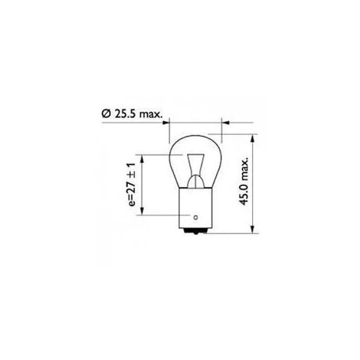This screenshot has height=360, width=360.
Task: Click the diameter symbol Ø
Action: pos(106,113)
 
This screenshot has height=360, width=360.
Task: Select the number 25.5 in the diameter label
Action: pos(126,113)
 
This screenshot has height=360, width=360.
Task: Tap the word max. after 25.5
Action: pos(151,114)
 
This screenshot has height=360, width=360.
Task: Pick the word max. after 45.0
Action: pos(244,167)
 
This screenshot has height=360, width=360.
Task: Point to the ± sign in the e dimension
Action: pos(132,176)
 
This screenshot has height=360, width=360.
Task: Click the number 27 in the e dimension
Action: pos(132,188)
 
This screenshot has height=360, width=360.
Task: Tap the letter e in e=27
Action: pos(133,204)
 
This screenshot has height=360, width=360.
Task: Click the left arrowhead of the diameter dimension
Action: pos(166,123)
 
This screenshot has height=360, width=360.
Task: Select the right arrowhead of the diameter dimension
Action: pos(225,123)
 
